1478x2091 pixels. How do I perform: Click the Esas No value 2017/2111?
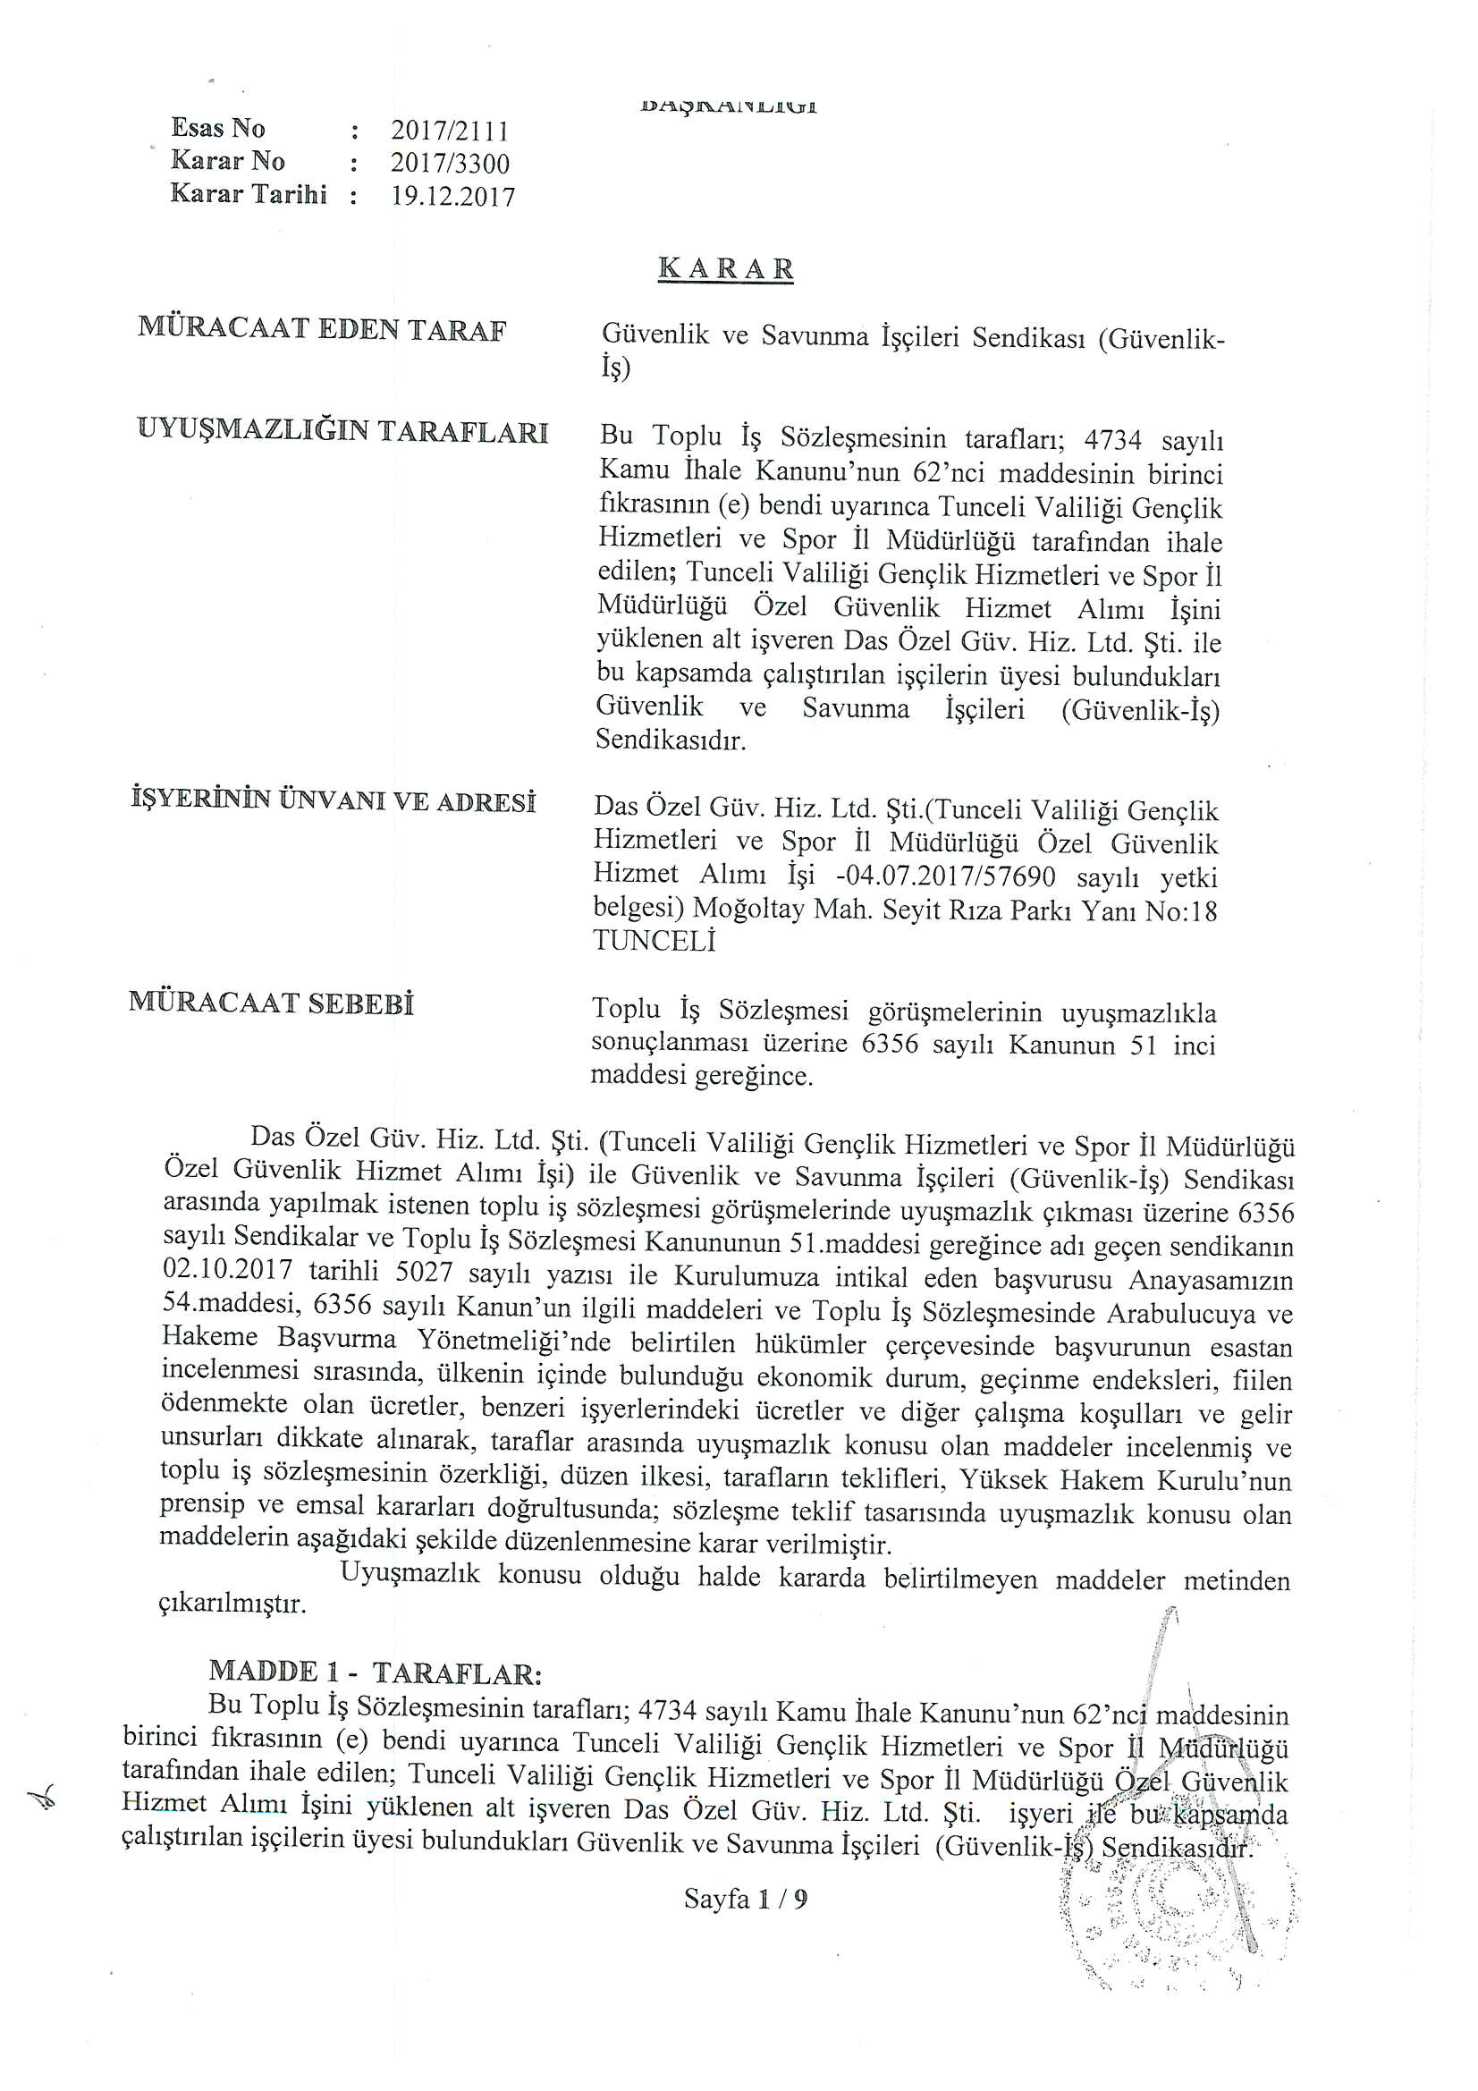tap(449, 131)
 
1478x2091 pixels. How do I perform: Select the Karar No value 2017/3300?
tap(450, 164)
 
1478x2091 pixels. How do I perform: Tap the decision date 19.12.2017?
tap(452, 197)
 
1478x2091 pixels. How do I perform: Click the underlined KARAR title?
tap(726, 269)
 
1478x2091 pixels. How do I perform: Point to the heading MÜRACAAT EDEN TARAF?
tap(322, 330)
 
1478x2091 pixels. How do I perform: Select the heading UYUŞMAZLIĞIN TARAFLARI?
tap(342, 431)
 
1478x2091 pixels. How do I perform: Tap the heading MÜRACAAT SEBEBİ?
tap(272, 1003)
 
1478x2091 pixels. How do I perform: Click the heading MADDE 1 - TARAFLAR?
tap(376, 1672)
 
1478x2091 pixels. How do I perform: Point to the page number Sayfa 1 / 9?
tap(746, 1899)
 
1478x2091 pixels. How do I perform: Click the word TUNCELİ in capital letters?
tap(654, 941)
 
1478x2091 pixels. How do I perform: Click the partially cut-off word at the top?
tap(729, 106)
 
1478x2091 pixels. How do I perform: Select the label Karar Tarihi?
tap(248, 194)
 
